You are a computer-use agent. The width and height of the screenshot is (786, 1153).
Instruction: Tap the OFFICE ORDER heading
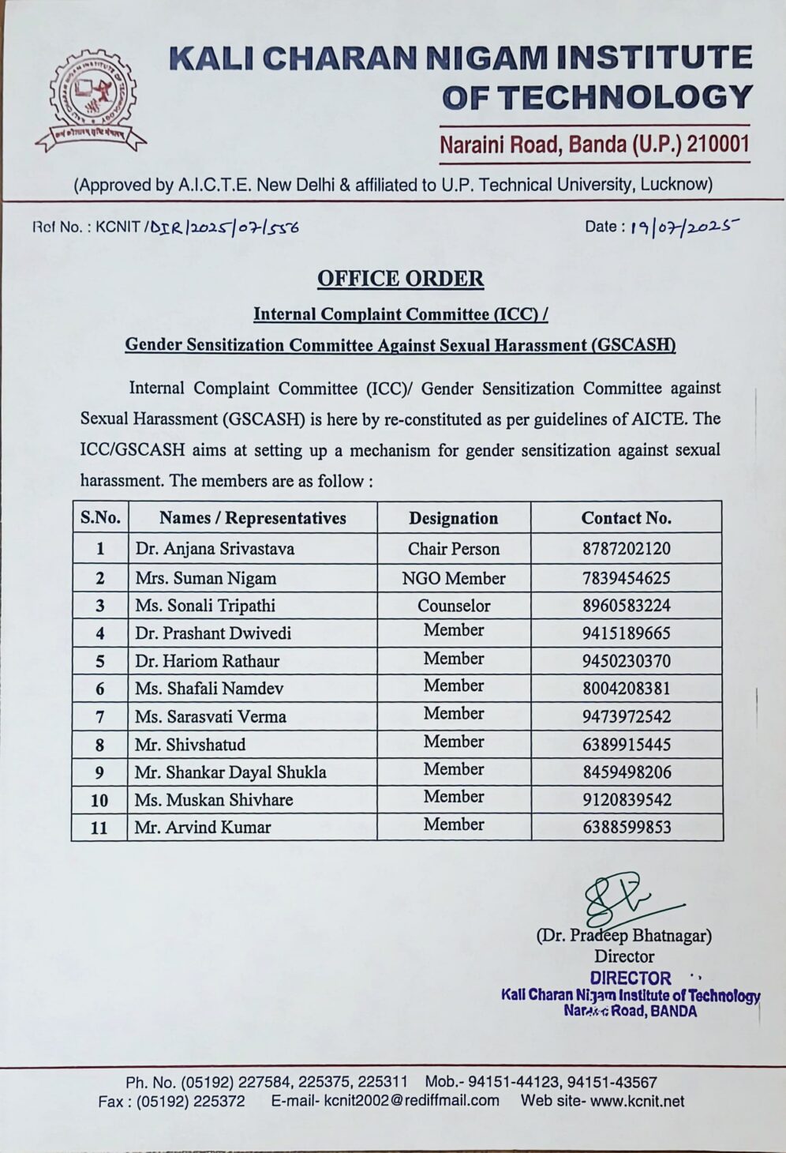[400, 279]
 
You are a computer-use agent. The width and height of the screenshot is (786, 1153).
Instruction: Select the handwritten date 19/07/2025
[683, 227]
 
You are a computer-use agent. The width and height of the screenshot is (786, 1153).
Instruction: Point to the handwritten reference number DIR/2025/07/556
[225, 227]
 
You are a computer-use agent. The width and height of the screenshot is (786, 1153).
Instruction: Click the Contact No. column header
[626, 518]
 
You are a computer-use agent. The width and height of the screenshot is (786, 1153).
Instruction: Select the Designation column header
[453, 518]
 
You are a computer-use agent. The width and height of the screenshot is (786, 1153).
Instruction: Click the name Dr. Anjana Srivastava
[215, 549]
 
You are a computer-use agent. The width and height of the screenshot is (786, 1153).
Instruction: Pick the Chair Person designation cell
[453, 549]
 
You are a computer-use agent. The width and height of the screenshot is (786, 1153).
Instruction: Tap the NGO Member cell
[453, 578]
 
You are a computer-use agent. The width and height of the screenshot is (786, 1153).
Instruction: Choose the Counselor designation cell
[453, 606]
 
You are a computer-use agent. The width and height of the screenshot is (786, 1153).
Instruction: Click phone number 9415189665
[626, 633]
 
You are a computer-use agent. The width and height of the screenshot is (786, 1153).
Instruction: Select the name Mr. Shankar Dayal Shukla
[230, 772]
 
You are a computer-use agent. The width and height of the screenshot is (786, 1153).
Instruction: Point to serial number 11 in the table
[99, 828]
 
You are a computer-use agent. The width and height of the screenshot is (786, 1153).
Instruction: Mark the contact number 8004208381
[626, 689]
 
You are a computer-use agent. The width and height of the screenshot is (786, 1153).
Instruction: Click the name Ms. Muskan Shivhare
[213, 800]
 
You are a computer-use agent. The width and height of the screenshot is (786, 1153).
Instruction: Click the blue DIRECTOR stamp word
[630, 978]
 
